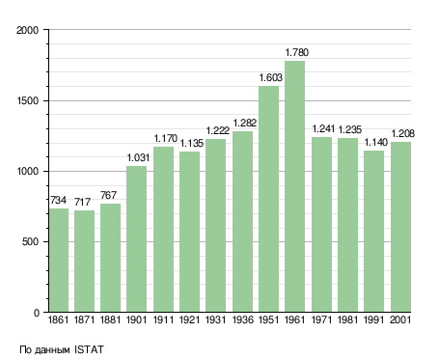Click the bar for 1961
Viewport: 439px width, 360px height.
pos(294,186)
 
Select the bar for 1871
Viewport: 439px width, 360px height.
pos(84,262)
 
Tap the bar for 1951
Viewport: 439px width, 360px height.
pos(268,199)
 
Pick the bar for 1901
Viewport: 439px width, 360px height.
pos(136,239)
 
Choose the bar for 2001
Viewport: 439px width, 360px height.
pos(400,227)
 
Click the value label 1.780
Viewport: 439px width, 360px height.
pos(297,52)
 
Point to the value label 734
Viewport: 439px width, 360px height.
pos(58,200)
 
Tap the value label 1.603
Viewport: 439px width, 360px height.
pos(271,77)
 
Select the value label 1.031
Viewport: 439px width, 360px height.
pos(138,157)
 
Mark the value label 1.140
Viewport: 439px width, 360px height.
pos(376,142)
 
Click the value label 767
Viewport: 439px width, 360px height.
pos(108,195)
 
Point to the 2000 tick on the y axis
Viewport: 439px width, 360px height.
pos(27,30)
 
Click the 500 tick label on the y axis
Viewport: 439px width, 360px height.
pos(30,241)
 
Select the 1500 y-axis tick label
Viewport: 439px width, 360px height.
pos(27,100)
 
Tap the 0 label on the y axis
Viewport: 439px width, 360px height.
pos(37,313)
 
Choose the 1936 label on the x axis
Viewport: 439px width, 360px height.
pos(242,319)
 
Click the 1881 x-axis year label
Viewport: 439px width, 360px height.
pos(110,319)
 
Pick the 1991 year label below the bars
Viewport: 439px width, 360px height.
pos(374,319)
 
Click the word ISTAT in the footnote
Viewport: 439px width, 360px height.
pos(89,349)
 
